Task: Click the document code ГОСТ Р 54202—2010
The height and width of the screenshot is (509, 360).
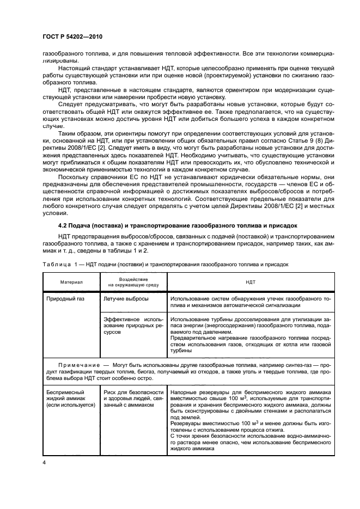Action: (x=72, y=36)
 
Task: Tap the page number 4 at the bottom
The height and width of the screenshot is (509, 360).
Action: (x=44, y=462)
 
